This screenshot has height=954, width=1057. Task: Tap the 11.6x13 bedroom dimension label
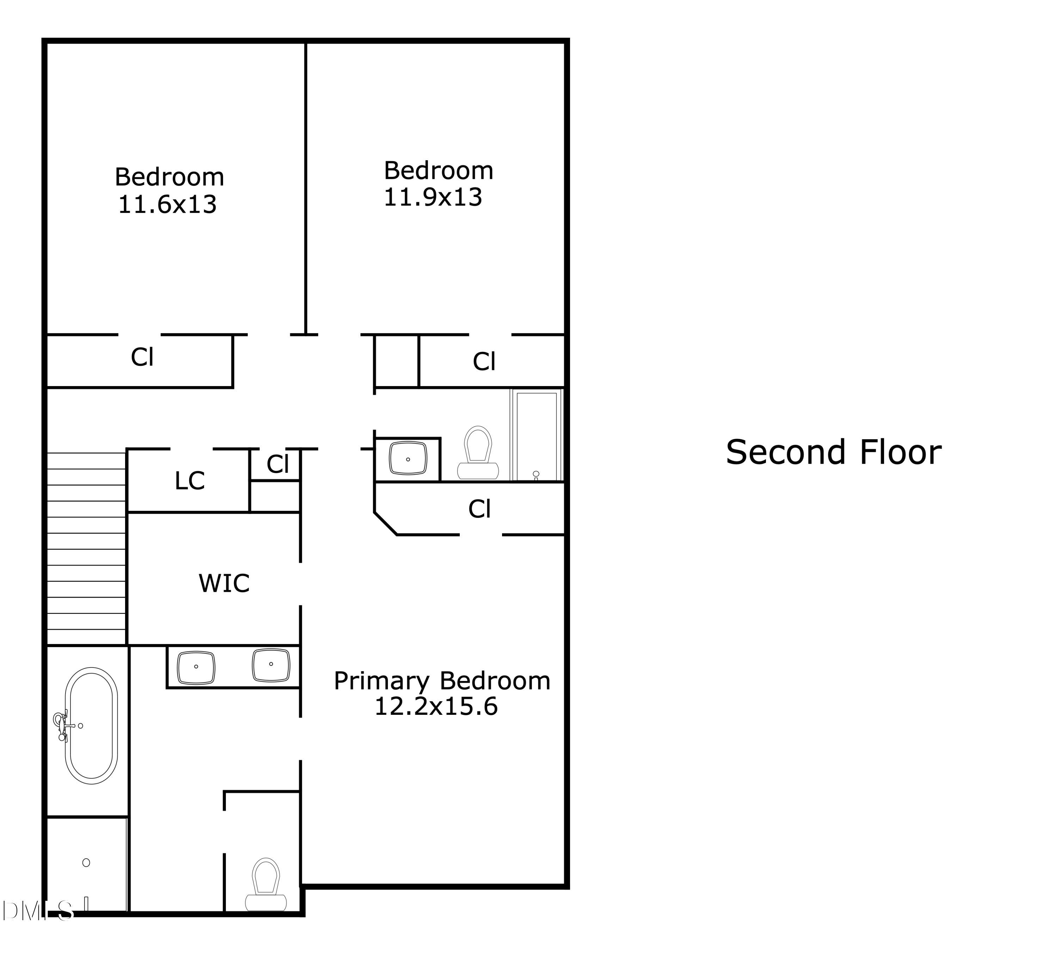pos(167,204)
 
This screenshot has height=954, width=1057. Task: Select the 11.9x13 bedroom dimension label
pos(433,198)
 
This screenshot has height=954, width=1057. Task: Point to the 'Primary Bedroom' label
pos(442,681)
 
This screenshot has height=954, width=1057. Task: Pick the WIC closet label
pos(224,583)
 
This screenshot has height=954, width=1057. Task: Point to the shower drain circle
pos(87,863)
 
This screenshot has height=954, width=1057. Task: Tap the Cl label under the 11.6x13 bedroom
pos(142,358)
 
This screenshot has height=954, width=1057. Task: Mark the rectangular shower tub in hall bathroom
pos(536,435)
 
